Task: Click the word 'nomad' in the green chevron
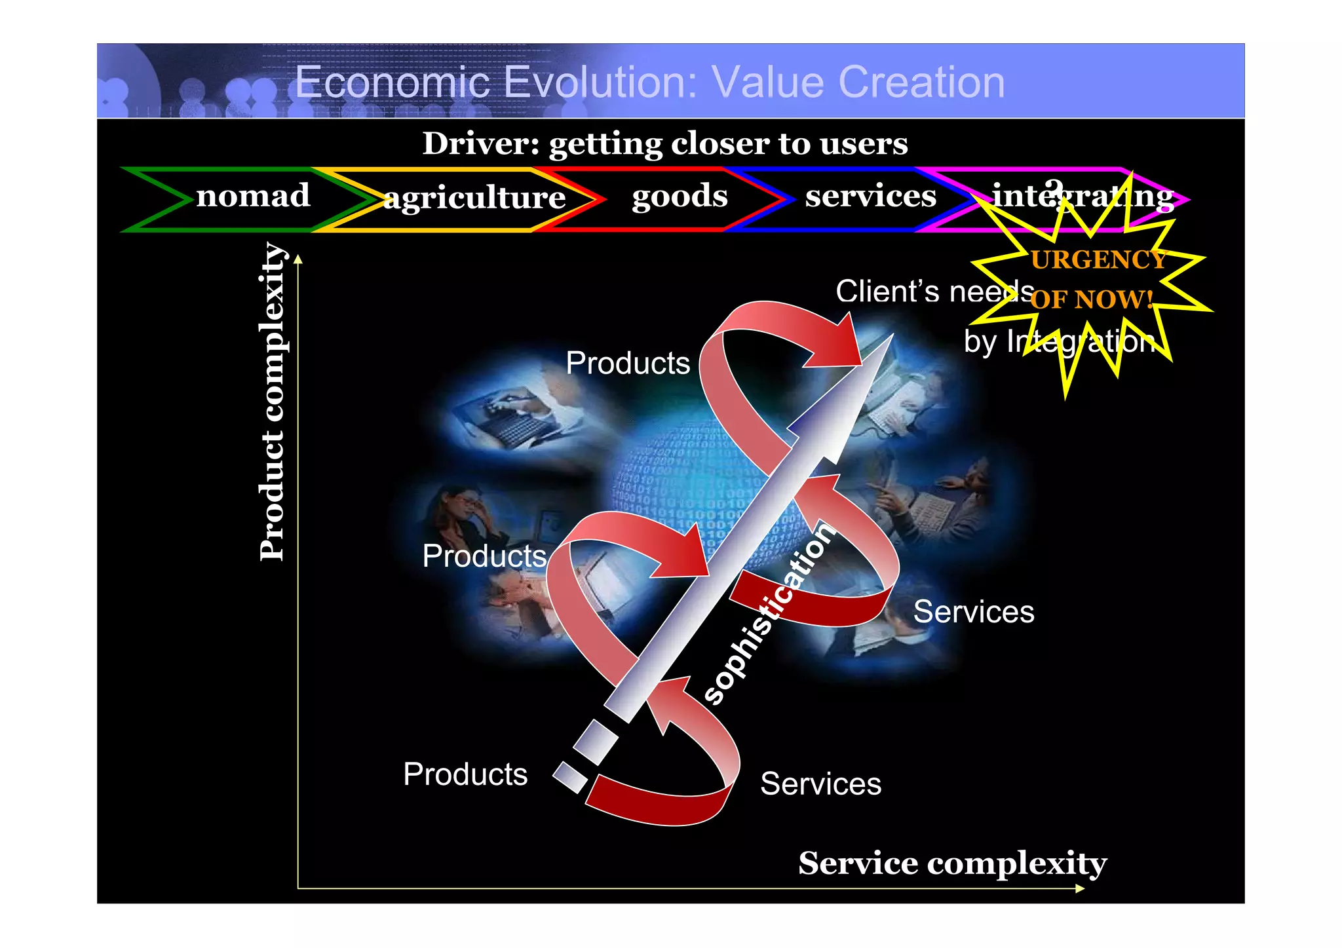coord(253,196)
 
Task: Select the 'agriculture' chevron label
coord(474,197)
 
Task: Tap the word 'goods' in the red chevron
coord(680,196)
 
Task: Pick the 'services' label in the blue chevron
coord(870,196)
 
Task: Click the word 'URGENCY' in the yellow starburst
coord(1098,260)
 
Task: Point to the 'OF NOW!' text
coord(1092,300)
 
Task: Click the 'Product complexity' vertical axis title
coord(272,402)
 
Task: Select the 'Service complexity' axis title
coord(952,863)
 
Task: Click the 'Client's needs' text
coord(934,292)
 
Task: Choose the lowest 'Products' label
coord(465,774)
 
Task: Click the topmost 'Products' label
coord(627,363)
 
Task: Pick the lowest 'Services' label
coord(820,784)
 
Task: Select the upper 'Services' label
coord(974,612)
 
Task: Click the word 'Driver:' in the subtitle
coord(480,143)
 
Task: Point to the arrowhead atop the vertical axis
coord(298,259)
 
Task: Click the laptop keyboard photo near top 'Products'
coord(511,419)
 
